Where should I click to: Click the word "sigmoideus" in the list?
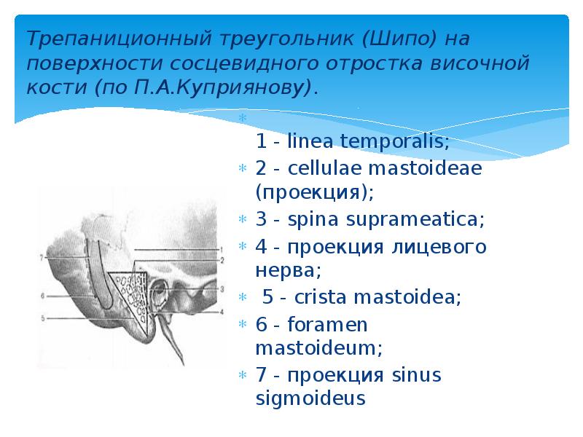[310, 398]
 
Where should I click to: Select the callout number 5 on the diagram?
[43, 318]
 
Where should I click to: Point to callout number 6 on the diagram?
[43, 296]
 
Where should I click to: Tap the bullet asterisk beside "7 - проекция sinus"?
[243, 376]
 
